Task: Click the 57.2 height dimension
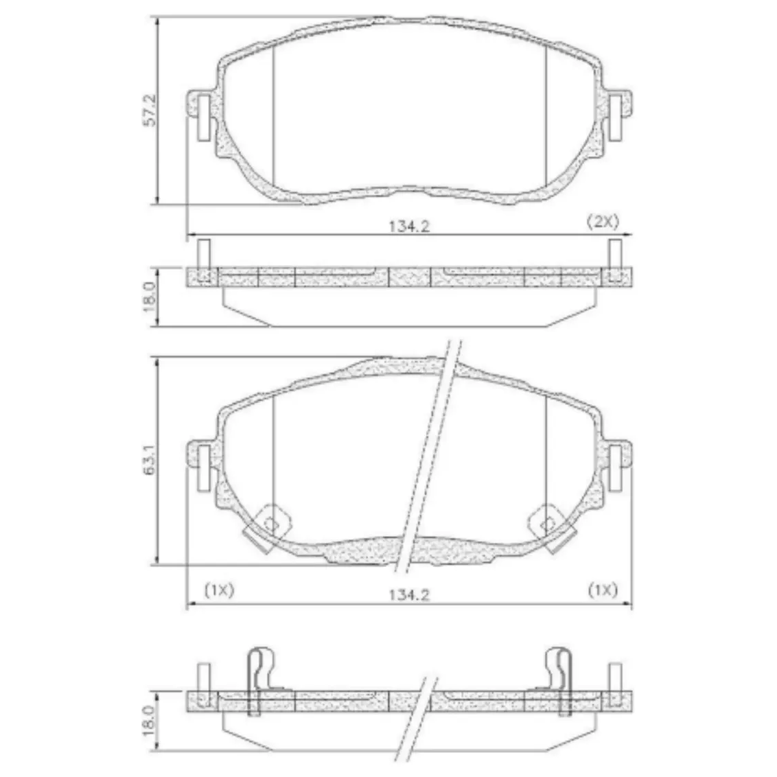click(150, 110)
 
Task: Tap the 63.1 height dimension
click(150, 461)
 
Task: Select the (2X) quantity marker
click(603, 221)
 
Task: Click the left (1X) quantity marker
click(219, 590)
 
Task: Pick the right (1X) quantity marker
click(603, 590)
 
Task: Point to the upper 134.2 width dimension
click(409, 227)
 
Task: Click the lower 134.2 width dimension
click(409, 594)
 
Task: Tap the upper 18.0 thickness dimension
click(150, 297)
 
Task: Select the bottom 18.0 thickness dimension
click(150, 721)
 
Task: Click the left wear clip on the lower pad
click(267, 529)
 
